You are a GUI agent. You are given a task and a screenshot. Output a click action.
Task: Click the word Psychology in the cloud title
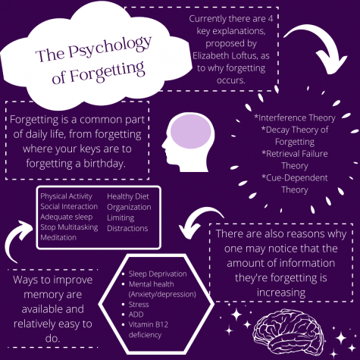pyautogui.click(x=110, y=46)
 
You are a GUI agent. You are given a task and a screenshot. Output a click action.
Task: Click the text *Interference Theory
pyautogui.click(x=295, y=117)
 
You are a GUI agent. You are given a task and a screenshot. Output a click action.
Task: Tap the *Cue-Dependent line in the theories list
pyautogui.click(x=295, y=177)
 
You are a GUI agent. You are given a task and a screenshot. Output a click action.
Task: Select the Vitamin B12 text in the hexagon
pyautogui.click(x=149, y=324)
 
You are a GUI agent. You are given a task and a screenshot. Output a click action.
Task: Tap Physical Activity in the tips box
pyautogui.click(x=66, y=196)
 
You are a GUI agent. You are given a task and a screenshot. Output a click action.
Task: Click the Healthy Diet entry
pyautogui.click(x=128, y=196)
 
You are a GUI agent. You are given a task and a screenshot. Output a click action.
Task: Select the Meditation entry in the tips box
pyautogui.click(x=58, y=237)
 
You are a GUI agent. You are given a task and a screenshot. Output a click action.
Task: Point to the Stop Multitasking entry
pyautogui.click(x=69, y=227)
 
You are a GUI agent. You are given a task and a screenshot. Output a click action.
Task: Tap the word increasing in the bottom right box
pyautogui.click(x=281, y=293)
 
